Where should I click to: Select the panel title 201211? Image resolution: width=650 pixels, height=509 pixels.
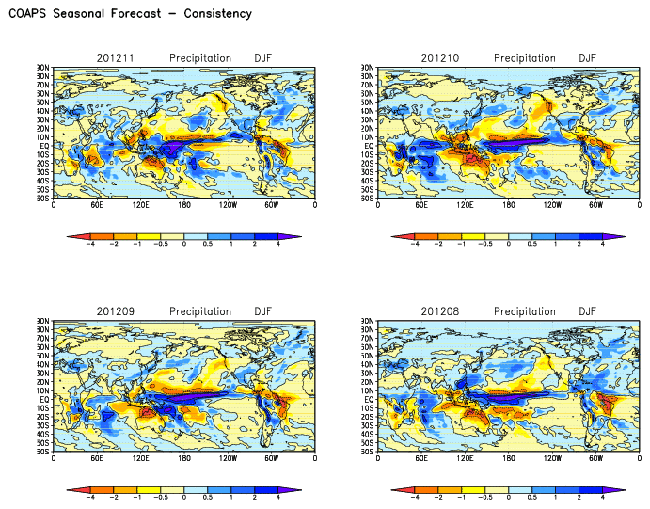tap(116, 58)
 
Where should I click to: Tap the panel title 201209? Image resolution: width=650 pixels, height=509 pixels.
tap(116, 311)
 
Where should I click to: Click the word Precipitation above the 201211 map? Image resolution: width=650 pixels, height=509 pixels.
tap(200, 58)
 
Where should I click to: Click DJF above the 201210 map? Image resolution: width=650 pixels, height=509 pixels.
tap(587, 58)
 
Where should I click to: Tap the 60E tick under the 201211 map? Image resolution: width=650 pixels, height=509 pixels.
tap(97, 204)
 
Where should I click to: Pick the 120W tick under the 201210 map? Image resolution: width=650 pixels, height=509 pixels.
tap(552, 204)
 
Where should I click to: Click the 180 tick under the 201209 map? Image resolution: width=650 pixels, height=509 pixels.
tap(184, 457)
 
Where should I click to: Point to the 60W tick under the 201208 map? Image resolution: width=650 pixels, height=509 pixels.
tap(595, 457)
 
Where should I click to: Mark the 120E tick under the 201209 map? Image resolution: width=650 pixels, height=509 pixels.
tap(141, 457)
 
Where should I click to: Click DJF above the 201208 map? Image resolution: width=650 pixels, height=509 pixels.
tap(587, 311)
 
